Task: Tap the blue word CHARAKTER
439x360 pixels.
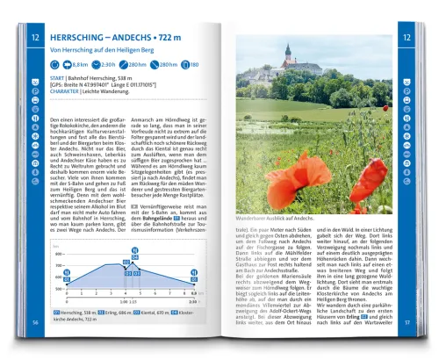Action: coord(66,94)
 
